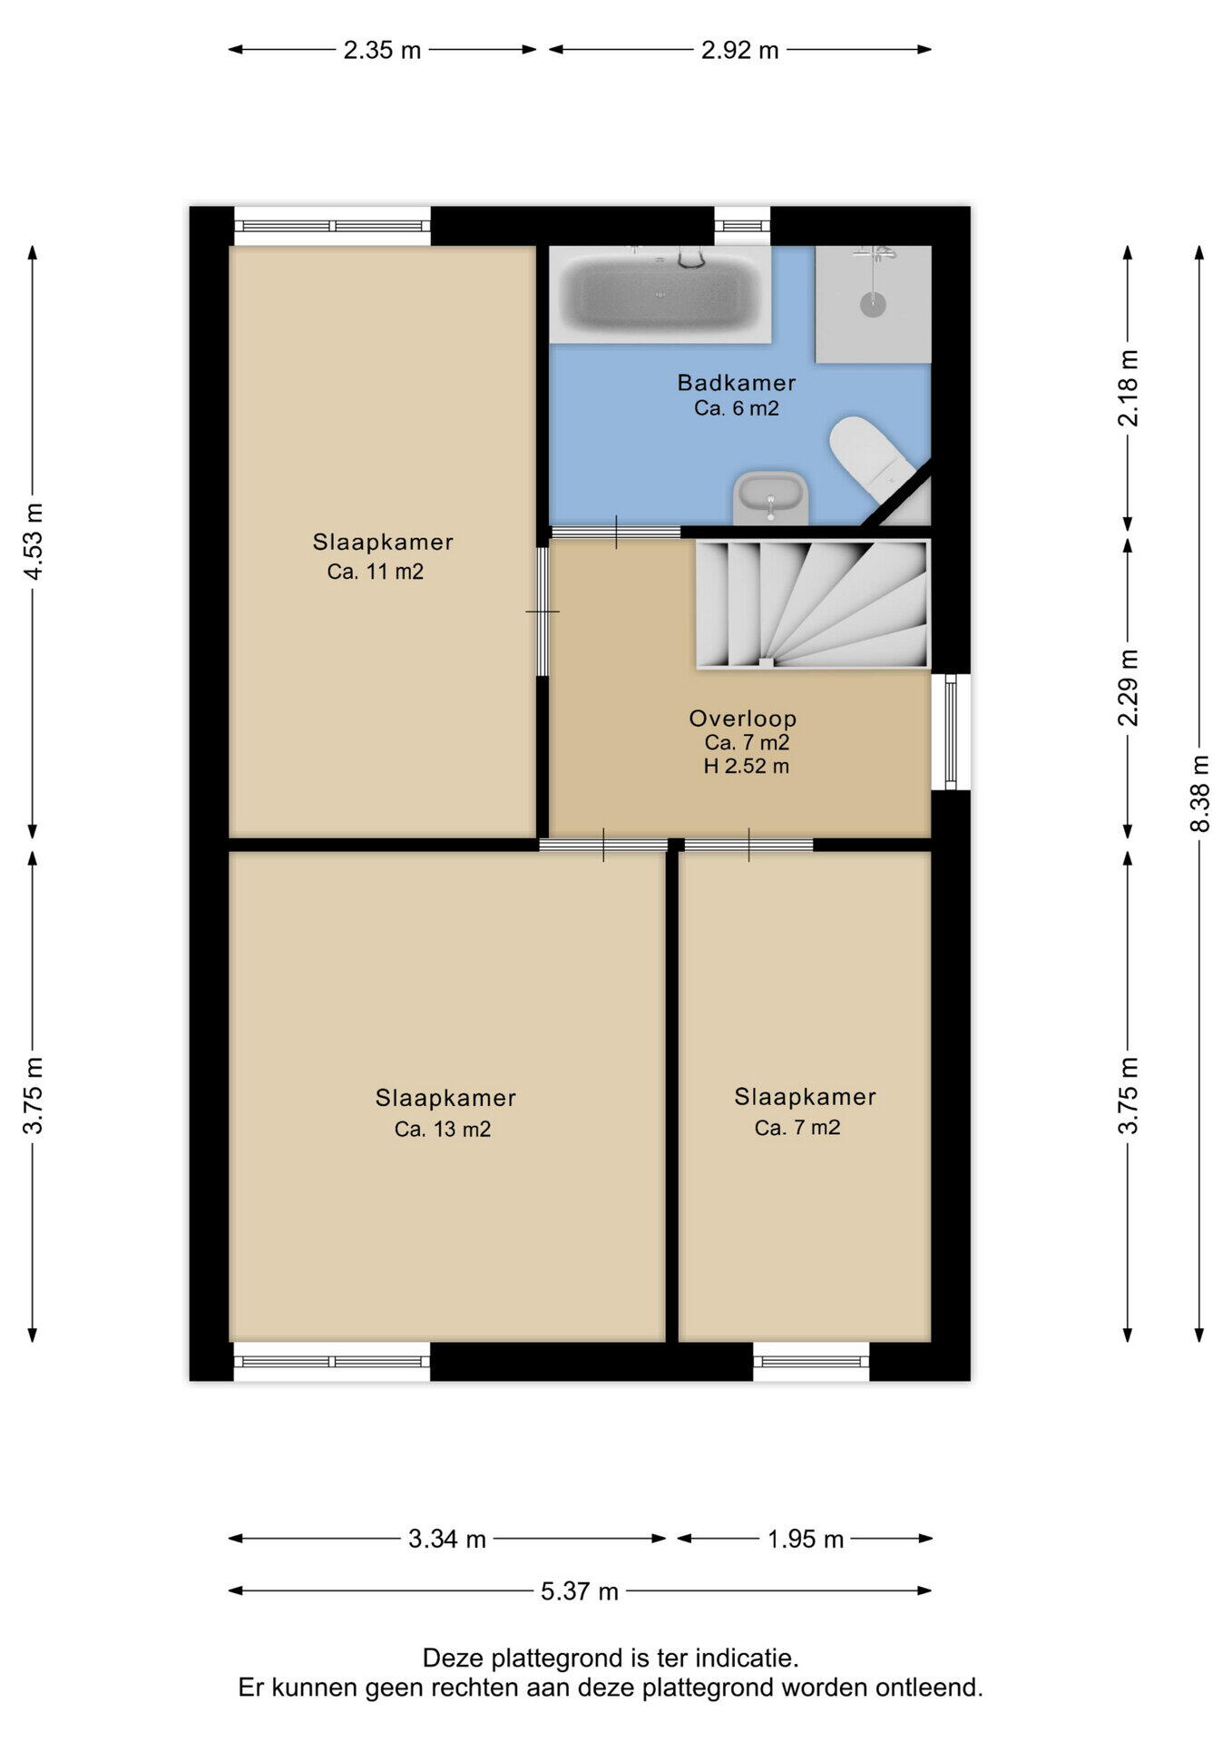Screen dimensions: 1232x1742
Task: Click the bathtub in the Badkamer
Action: tap(660, 295)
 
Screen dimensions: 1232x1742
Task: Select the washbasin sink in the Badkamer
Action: tap(770, 497)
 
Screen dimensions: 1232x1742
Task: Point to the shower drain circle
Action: tap(873, 304)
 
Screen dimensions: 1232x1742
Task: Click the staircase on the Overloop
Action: tap(813, 604)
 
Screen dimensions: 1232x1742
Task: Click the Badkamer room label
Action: tap(737, 383)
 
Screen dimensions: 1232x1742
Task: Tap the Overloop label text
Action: tap(743, 719)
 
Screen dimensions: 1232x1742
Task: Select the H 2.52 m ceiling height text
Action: tap(747, 767)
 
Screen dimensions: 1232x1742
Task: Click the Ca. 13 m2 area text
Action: tap(443, 1130)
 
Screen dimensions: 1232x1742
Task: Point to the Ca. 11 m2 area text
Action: tap(376, 572)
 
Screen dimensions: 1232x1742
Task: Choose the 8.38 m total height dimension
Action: tap(1200, 794)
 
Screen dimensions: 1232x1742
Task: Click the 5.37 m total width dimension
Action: tap(580, 1591)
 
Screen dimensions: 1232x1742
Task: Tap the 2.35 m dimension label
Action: tap(382, 50)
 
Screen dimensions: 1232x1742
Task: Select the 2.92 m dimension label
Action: tap(740, 50)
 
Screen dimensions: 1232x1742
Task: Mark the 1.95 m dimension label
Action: tap(806, 1540)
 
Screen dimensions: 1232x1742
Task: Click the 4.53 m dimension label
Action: tap(34, 542)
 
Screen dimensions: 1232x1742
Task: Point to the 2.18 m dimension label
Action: tap(1129, 387)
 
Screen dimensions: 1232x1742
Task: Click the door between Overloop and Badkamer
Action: tap(616, 533)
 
